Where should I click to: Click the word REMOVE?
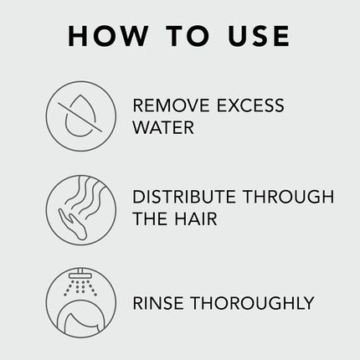170,106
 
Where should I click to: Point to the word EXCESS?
249,106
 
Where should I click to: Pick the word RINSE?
158,303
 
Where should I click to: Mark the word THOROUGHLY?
252,303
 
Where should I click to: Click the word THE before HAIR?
152,220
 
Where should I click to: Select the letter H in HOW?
79,36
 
